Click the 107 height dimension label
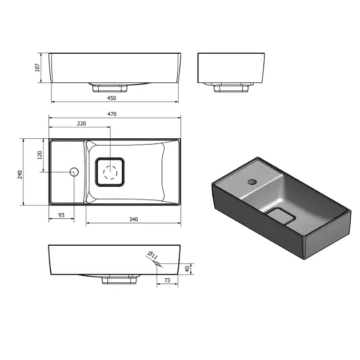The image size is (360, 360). tap(38, 67)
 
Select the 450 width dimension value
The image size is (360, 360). tap(111, 98)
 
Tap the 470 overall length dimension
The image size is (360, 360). tap(112, 114)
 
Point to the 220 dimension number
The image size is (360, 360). tap(82, 123)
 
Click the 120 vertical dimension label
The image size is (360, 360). tap(40, 155)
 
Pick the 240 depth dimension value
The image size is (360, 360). tap(20, 174)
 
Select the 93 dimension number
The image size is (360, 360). tap(61, 215)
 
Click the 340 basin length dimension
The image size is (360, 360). tap(133, 219)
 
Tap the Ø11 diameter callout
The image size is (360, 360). tap(153, 255)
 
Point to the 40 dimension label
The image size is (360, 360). tap(187, 269)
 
